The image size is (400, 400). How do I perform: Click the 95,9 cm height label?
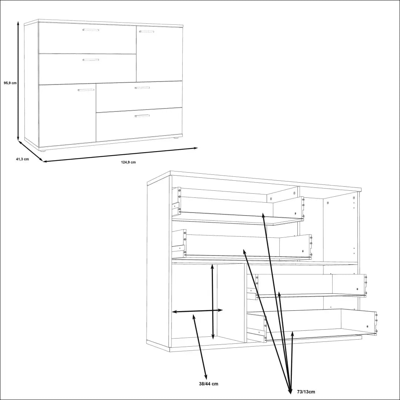click(x=10, y=83)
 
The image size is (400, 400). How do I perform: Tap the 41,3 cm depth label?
click(x=22, y=159)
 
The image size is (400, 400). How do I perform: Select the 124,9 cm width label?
click(x=128, y=162)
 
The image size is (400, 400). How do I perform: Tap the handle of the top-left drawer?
click(x=91, y=30)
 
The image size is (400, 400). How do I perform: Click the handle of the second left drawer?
click(x=91, y=60)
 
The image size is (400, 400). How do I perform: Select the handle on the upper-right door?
click(x=146, y=31)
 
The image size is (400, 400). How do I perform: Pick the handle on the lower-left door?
click(x=86, y=90)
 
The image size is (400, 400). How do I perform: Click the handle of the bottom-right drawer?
click(x=142, y=116)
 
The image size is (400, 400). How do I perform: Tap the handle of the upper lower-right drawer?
click(x=142, y=88)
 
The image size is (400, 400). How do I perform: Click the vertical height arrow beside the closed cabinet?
click(x=18, y=81)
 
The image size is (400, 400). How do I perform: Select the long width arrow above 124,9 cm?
click(x=120, y=155)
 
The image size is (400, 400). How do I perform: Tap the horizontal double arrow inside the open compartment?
click(x=197, y=311)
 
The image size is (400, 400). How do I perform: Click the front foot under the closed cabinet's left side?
click(x=43, y=150)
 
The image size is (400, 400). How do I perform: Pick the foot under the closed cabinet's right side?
click(x=176, y=138)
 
